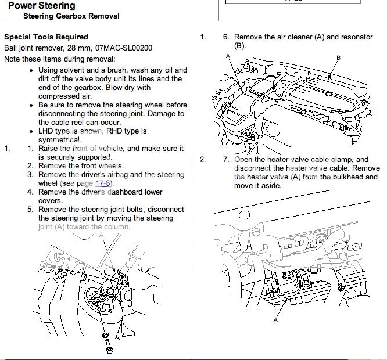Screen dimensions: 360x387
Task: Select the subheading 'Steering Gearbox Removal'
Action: pos(71,16)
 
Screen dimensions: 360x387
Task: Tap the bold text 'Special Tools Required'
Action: pos(46,37)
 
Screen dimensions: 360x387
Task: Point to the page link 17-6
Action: pos(120,183)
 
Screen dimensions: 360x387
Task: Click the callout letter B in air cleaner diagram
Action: pos(339,57)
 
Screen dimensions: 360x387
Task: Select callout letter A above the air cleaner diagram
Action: pos(228,56)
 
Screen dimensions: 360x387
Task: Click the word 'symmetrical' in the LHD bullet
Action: pos(60,140)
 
